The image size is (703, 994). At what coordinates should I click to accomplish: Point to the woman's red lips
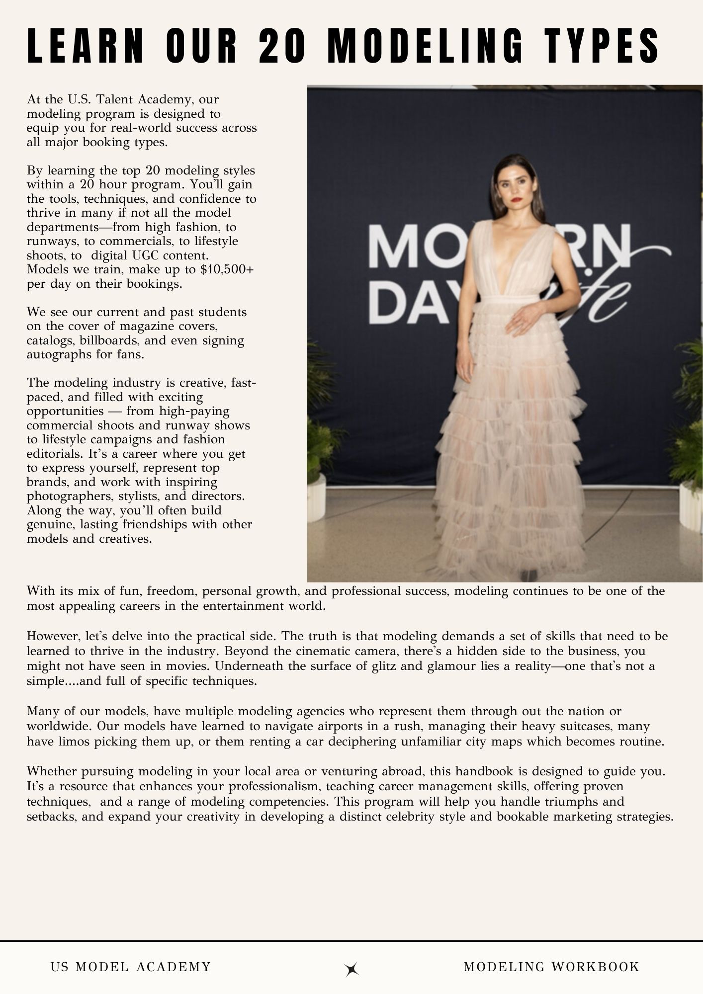[x=517, y=200]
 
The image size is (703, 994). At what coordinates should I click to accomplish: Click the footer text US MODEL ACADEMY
[x=131, y=967]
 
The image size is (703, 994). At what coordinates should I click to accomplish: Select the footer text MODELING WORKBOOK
[x=551, y=967]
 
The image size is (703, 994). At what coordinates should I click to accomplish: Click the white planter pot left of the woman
[x=316, y=497]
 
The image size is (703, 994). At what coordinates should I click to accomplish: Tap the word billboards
[x=109, y=340]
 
